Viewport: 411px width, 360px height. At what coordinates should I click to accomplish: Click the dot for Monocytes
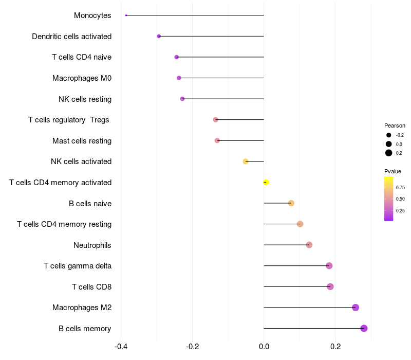pyautogui.click(x=126, y=15)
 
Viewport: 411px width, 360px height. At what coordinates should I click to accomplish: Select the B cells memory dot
pyautogui.click(x=364, y=328)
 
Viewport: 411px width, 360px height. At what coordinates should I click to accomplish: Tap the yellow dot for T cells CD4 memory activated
pyautogui.click(x=266, y=182)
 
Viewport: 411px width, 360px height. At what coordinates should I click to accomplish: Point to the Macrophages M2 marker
pyautogui.click(x=356, y=308)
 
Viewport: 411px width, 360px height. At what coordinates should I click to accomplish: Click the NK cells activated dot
pyautogui.click(x=246, y=161)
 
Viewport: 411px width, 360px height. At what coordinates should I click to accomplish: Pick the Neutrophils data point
pyautogui.click(x=309, y=245)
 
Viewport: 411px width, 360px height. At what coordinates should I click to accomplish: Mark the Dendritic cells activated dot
pyautogui.click(x=159, y=36)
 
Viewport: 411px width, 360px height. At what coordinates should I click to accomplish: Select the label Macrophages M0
pyautogui.click(x=82, y=78)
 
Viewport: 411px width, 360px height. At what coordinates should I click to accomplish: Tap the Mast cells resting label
pyautogui.click(x=82, y=140)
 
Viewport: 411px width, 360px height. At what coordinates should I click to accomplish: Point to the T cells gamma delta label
pyautogui.click(x=78, y=266)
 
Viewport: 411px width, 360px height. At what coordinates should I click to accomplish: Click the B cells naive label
pyautogui.click(x=90, y=203)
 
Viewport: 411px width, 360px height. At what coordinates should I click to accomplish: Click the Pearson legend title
pyautogui.click(x=395, y=125)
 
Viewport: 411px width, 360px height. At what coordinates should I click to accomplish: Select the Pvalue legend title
pyautogui.click(x=393, y=171)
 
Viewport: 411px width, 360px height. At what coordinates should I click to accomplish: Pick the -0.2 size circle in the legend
pyautogui.click(x=389, y=135)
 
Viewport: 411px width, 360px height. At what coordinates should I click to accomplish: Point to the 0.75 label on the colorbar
pyautogui.click(x=400, y=188)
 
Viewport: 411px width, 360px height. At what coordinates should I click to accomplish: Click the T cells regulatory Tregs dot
pyautogui.click(x=216, y=120)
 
